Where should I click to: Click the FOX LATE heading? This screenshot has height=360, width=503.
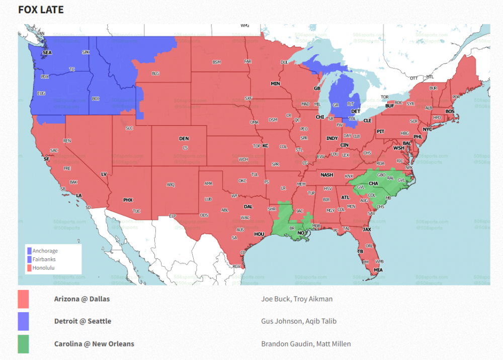coord(41,10)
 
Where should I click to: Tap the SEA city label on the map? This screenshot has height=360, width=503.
coord(47,52)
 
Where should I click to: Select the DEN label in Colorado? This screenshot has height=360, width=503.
coord(184,138)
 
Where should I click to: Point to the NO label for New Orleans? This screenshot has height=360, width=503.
coord(301,233)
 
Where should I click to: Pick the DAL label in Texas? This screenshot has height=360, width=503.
coord(248,206)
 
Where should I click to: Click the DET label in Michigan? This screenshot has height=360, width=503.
coord(355,111)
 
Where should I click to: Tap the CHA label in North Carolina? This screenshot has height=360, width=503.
coord(373,184)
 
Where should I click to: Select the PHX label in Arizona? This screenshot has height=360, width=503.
coord(128,200)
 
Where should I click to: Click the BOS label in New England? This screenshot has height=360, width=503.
coord(450,111)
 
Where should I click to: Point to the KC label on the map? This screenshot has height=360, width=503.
coord(265,146)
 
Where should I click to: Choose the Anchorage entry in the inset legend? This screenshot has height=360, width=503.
coord(45,251)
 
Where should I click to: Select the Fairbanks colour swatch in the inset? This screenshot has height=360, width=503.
coord(30,259)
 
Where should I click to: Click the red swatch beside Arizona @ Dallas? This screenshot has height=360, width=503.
coord(23,299)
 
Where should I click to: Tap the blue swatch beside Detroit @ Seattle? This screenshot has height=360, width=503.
coord(23,321)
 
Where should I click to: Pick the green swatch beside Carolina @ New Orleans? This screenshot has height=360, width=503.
coord(23,344)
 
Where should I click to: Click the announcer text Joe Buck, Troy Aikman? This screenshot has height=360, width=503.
coord(297,299)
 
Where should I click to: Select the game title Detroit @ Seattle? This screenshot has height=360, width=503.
coord(82,321)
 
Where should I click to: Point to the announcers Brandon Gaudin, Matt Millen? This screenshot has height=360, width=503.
coord(306,344)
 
